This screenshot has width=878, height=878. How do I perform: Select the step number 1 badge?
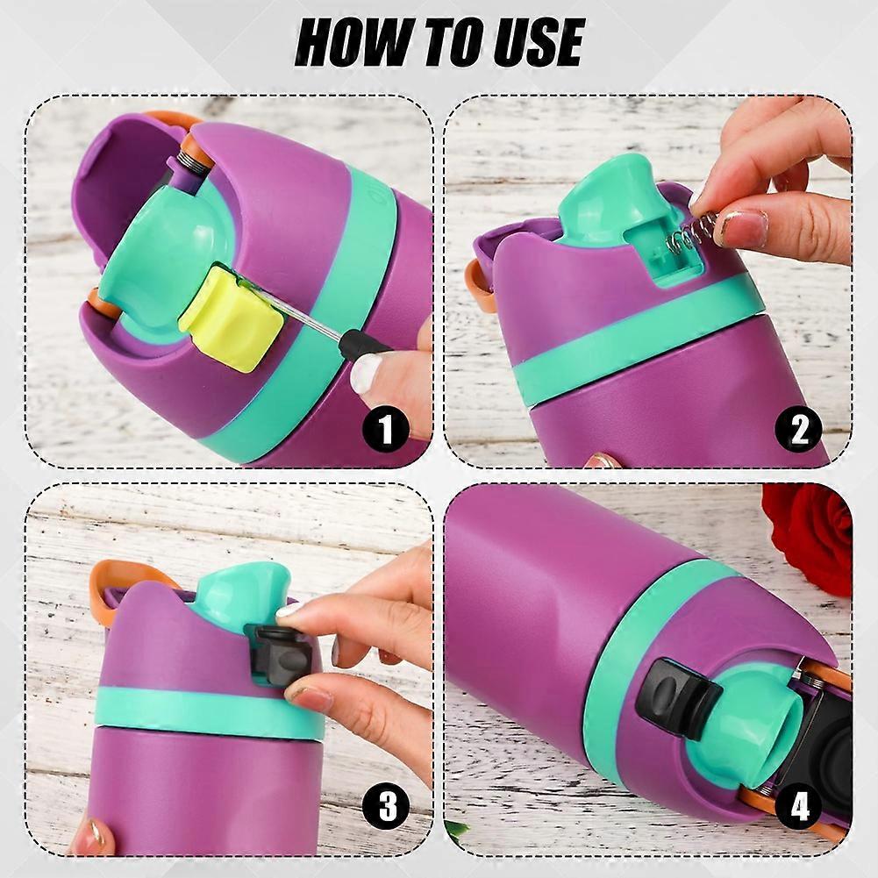(x=386, y=430)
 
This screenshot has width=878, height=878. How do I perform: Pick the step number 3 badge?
(x=386, y=807)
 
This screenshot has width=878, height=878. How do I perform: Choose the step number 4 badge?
(x=799, y=807)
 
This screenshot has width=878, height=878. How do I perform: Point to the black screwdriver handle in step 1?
(x=364, y=342)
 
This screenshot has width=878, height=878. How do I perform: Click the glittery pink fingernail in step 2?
(x=743, y=227)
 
